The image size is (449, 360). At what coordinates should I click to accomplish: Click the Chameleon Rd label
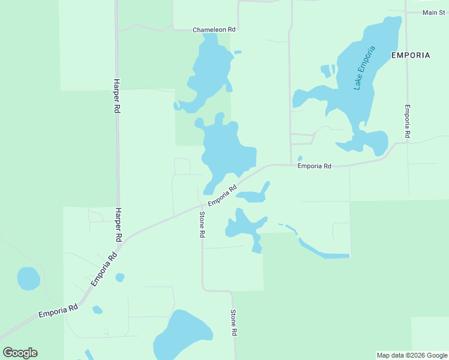214,29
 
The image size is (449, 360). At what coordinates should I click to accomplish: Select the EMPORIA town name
411,55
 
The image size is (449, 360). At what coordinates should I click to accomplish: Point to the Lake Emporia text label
364,68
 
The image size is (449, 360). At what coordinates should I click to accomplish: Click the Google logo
20,353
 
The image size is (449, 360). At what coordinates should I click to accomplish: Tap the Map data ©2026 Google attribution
412,355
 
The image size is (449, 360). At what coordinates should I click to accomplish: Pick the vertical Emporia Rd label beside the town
407,122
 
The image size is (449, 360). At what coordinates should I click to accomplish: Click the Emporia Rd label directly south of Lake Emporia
315,166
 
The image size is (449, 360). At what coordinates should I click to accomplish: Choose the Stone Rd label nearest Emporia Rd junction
202,225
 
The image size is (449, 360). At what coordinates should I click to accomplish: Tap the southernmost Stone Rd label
234,323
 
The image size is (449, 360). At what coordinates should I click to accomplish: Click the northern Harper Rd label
116,97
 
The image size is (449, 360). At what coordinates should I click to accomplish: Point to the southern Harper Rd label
118,225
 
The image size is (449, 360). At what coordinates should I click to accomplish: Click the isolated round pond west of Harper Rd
28,278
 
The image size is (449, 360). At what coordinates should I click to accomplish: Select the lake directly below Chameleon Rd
209,72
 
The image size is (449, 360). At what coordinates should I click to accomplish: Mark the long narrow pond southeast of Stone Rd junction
323,253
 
